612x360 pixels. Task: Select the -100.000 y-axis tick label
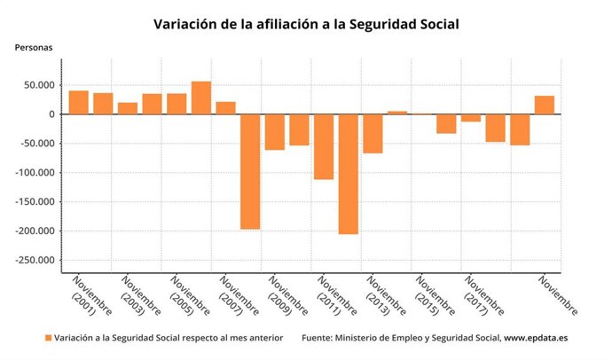[35, 173]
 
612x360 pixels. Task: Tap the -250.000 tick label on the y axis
[35, 261]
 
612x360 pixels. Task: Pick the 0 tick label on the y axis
[52, 114]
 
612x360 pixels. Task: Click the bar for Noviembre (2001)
[79, 103]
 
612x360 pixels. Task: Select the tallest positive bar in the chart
[201, 98]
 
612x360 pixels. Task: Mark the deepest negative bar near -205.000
[349, 174]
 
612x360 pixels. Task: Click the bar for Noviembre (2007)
[226, 108]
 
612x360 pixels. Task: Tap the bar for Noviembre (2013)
[373, 133]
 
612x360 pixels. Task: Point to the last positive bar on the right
[545, 106]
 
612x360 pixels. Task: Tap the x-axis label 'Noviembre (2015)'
[434, 297]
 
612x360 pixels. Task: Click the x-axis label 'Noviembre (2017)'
[483, 297]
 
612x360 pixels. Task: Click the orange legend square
[48, 338]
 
